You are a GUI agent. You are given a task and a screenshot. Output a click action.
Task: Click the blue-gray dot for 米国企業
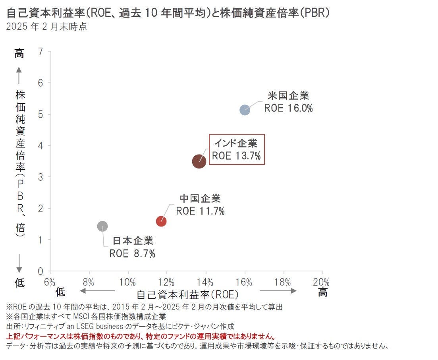point(245,110)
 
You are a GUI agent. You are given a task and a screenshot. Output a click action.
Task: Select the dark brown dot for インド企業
point(199,161)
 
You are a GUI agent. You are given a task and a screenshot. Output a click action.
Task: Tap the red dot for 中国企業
point(161,221)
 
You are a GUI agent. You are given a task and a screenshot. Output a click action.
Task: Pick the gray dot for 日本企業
point(102,226)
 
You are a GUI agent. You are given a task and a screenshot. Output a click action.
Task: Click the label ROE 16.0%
point(289,108)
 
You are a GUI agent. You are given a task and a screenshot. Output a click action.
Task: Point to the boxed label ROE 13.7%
point(236,156)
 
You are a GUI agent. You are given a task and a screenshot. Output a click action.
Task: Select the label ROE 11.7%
point(201,211)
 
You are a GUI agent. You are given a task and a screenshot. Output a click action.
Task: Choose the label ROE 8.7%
point(132,253)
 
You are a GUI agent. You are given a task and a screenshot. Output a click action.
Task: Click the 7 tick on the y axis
point(40,51)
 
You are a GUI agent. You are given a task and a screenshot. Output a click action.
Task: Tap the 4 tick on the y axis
point(40,145)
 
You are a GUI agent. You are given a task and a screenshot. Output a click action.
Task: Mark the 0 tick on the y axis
point(40,271)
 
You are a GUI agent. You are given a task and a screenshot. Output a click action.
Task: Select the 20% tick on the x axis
point(322,282)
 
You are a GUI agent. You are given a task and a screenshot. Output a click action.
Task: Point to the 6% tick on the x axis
point(50,282)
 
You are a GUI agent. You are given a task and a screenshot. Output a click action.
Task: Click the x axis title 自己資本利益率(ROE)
point(187,294)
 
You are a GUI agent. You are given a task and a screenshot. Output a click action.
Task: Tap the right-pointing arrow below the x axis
point(278,291)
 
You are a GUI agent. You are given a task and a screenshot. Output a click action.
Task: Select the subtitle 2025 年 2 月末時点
point(46,27)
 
